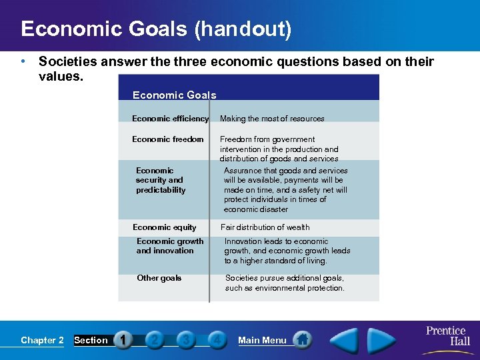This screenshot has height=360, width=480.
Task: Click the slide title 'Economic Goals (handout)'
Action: tap(156, 30)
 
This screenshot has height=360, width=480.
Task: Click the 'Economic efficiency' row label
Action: tap(170, 119)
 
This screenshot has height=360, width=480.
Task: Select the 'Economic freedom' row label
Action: tap(168, 139)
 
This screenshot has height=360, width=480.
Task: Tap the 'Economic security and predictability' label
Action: tap(161, 180)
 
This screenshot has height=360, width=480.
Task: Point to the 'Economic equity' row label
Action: tap(165, 227)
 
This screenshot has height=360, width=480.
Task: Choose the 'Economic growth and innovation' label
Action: tap(170, 246)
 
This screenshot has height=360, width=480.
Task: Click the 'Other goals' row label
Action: tap(159, 278)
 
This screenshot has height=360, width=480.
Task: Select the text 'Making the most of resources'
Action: tap(272, 119)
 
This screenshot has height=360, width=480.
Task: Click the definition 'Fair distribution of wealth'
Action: tap(265, 227)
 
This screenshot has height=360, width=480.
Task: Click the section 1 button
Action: tap(123, 340)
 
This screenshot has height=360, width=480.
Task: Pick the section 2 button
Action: tap(154, 340)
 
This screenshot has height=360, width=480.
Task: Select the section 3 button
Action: tap(185, 340)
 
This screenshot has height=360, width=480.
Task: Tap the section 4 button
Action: tap(216, 340)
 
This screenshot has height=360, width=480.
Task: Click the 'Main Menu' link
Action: tap(262, 340)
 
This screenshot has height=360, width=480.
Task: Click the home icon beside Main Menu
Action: tap(302, 339)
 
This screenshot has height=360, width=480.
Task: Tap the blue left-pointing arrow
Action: tap(345, 339)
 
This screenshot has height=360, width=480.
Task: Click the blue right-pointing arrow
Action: tap(381, 339)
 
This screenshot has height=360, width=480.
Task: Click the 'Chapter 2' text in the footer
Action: tap(42, 340)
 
